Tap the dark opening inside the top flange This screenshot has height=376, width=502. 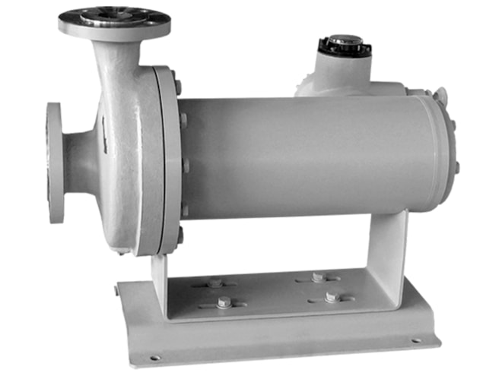click(114, 16)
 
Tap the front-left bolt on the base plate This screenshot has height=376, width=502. click(224, 302)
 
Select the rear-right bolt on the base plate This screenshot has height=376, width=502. click(318, 276)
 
